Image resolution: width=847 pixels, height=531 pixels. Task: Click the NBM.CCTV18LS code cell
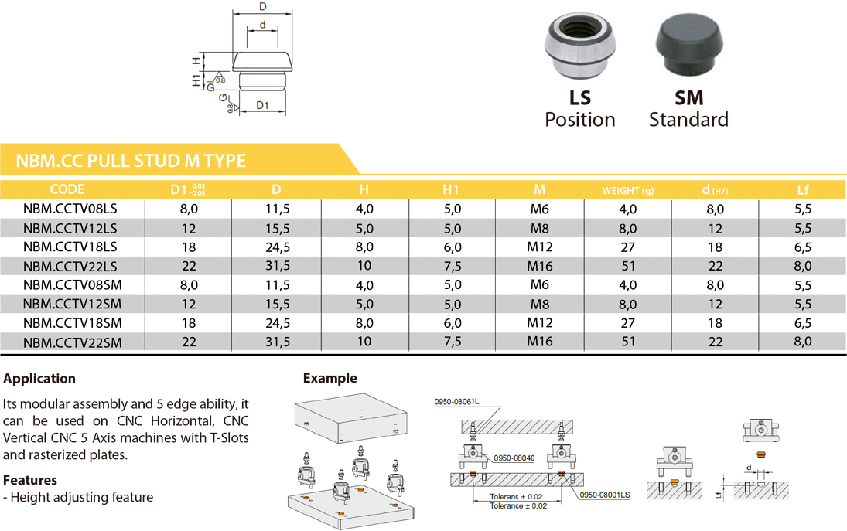[x=70, y=247]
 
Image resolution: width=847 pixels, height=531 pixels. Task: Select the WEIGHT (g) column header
[x=627, y=190]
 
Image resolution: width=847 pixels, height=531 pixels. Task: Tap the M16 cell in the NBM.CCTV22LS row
[x=540, y=266]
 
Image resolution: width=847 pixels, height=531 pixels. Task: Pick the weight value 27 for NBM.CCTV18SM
[x=627, y=323]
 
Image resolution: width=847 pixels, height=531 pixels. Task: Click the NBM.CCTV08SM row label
[x=73, y=285]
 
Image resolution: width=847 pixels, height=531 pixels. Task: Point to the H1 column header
[x=450, y=190]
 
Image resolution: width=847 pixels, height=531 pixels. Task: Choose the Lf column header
[x=803, y=190]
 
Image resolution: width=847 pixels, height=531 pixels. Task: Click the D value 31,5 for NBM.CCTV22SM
[x=278, y=342]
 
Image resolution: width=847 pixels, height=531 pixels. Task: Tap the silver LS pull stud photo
[x=579, y=46]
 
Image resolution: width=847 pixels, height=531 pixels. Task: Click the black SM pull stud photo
[x=689, y=46]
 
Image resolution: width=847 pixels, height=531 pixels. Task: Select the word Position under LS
[x=580, y=119]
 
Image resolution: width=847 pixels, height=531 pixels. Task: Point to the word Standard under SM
[x=688, y=119]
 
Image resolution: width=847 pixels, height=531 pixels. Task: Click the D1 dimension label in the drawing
[x=262, y=105]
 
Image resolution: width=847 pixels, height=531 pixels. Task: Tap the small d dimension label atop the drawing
[x=262, y=25]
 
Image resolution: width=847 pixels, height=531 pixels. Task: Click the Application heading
[x=39, y=379]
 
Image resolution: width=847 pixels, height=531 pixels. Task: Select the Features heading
[x=29, y=480]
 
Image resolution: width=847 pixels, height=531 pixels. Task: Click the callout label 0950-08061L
[x=456, y=402]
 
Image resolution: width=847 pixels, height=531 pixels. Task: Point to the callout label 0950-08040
[x=514, y=458]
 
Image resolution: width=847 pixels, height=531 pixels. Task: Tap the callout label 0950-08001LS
[x=604, y=495]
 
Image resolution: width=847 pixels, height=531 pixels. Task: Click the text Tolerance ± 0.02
[x=518, y=506]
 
